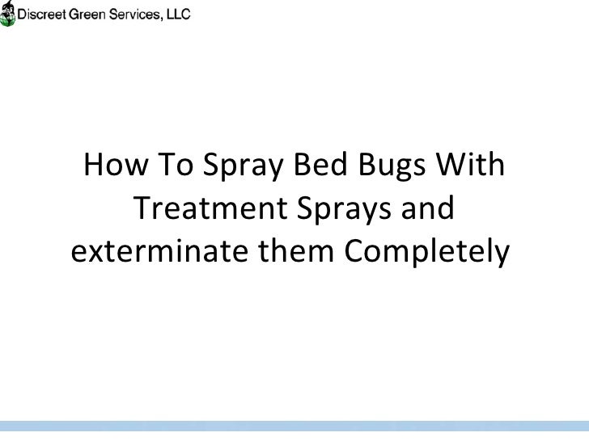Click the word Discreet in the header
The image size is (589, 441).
click(44, 15)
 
